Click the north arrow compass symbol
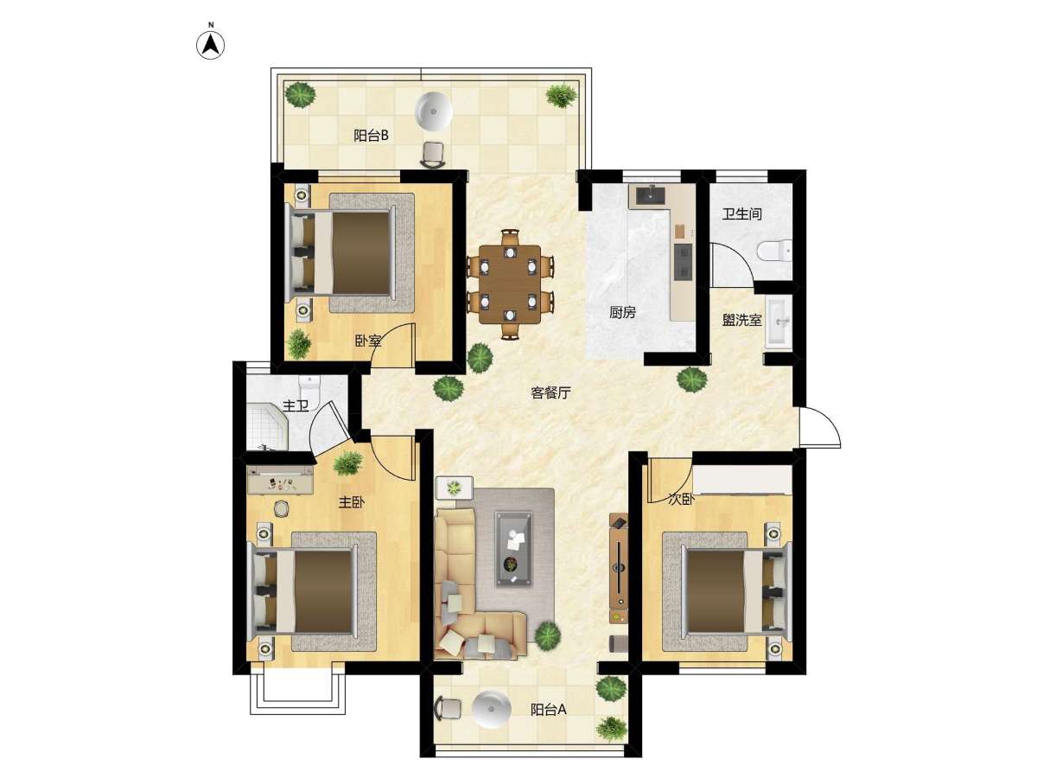(210, 45)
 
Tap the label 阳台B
(371, 136)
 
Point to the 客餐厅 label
(550, 392)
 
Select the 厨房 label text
(622, 312)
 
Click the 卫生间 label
(741, 214)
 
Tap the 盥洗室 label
(741, 320)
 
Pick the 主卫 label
(296, 405)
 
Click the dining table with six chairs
(510, 284)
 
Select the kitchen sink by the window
(650, 195)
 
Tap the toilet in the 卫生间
(773, 251)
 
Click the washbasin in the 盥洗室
(779, 322)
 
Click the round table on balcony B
(433, 111)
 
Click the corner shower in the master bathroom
(266, 425)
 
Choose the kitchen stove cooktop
(682, 262)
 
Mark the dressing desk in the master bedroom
(280, 480)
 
